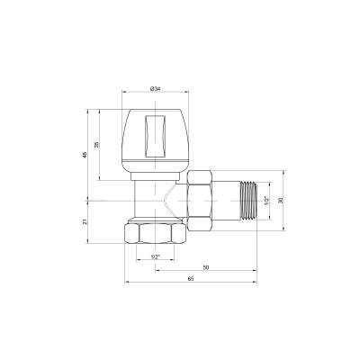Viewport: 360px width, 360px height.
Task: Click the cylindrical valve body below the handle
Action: click(x=148, y=193)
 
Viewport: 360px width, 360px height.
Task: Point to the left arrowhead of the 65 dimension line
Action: click(x=126, y=286)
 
